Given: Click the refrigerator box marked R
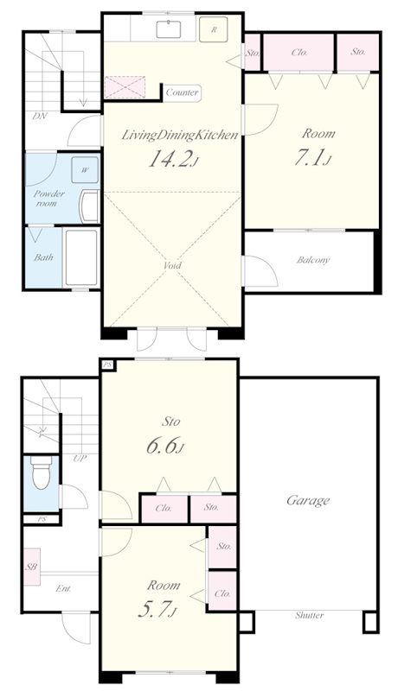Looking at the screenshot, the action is [x=213, y=29].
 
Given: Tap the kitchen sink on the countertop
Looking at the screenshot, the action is [x=169, y=29].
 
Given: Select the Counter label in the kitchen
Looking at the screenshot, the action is [x=182, y=92].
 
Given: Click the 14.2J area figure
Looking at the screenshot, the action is [x=172, y=159].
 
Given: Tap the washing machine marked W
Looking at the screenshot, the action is [x=84, y=169].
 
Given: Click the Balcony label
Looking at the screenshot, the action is [x=313, y=260].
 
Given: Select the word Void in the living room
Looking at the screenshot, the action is [x=172, y=265].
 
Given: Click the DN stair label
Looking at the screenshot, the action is [x=40, y=117].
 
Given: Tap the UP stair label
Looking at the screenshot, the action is [x=80, y=459].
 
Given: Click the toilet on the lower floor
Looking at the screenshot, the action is [x=42, y=472].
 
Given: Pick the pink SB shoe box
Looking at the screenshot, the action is [x=32, y=567].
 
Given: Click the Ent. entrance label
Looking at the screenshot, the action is [x=63, y=588].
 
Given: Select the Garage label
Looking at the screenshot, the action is [x=308, y=501].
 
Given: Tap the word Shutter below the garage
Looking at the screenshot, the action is [x=309, y=615].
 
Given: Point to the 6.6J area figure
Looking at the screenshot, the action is [x=165, y=446].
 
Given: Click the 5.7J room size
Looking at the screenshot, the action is [x=157, y=609].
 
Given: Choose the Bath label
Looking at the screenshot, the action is [x=43, y=257].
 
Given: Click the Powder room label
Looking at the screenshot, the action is [x=49, y=199].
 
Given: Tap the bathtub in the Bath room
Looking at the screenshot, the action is [x=81, y=257].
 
